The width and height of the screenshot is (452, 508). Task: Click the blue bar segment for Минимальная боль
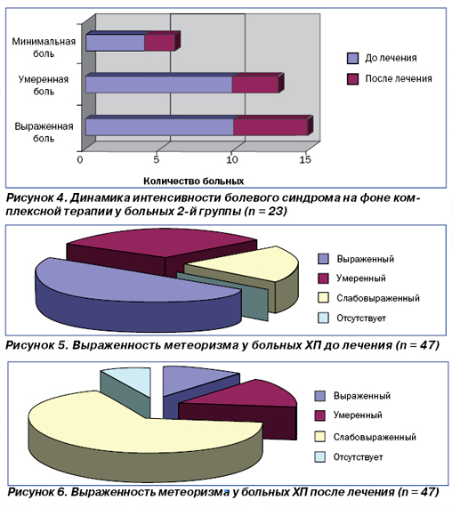[x=115, y=43]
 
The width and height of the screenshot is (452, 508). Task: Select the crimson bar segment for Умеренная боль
[x=255, y=85]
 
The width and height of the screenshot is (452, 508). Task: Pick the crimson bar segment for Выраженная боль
[x=270, y=127]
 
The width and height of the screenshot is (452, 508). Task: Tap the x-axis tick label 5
[x=157, y=159]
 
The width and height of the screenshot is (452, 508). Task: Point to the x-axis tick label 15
[x=305, y=159]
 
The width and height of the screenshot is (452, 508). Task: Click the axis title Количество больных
[x=193, y=181]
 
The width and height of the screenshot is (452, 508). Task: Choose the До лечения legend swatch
[x=352, y=59]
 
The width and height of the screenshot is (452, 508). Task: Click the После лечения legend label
[x=399, y=78]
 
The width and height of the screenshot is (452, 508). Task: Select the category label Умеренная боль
[x=44, y=85]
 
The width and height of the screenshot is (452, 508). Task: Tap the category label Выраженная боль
[x=44, y=133]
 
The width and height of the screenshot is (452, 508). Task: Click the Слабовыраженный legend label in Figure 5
[x=378, y=298]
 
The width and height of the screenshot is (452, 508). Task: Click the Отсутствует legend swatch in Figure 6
[x=319, y=456]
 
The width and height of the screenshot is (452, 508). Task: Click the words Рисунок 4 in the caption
[x=36, y=198]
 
